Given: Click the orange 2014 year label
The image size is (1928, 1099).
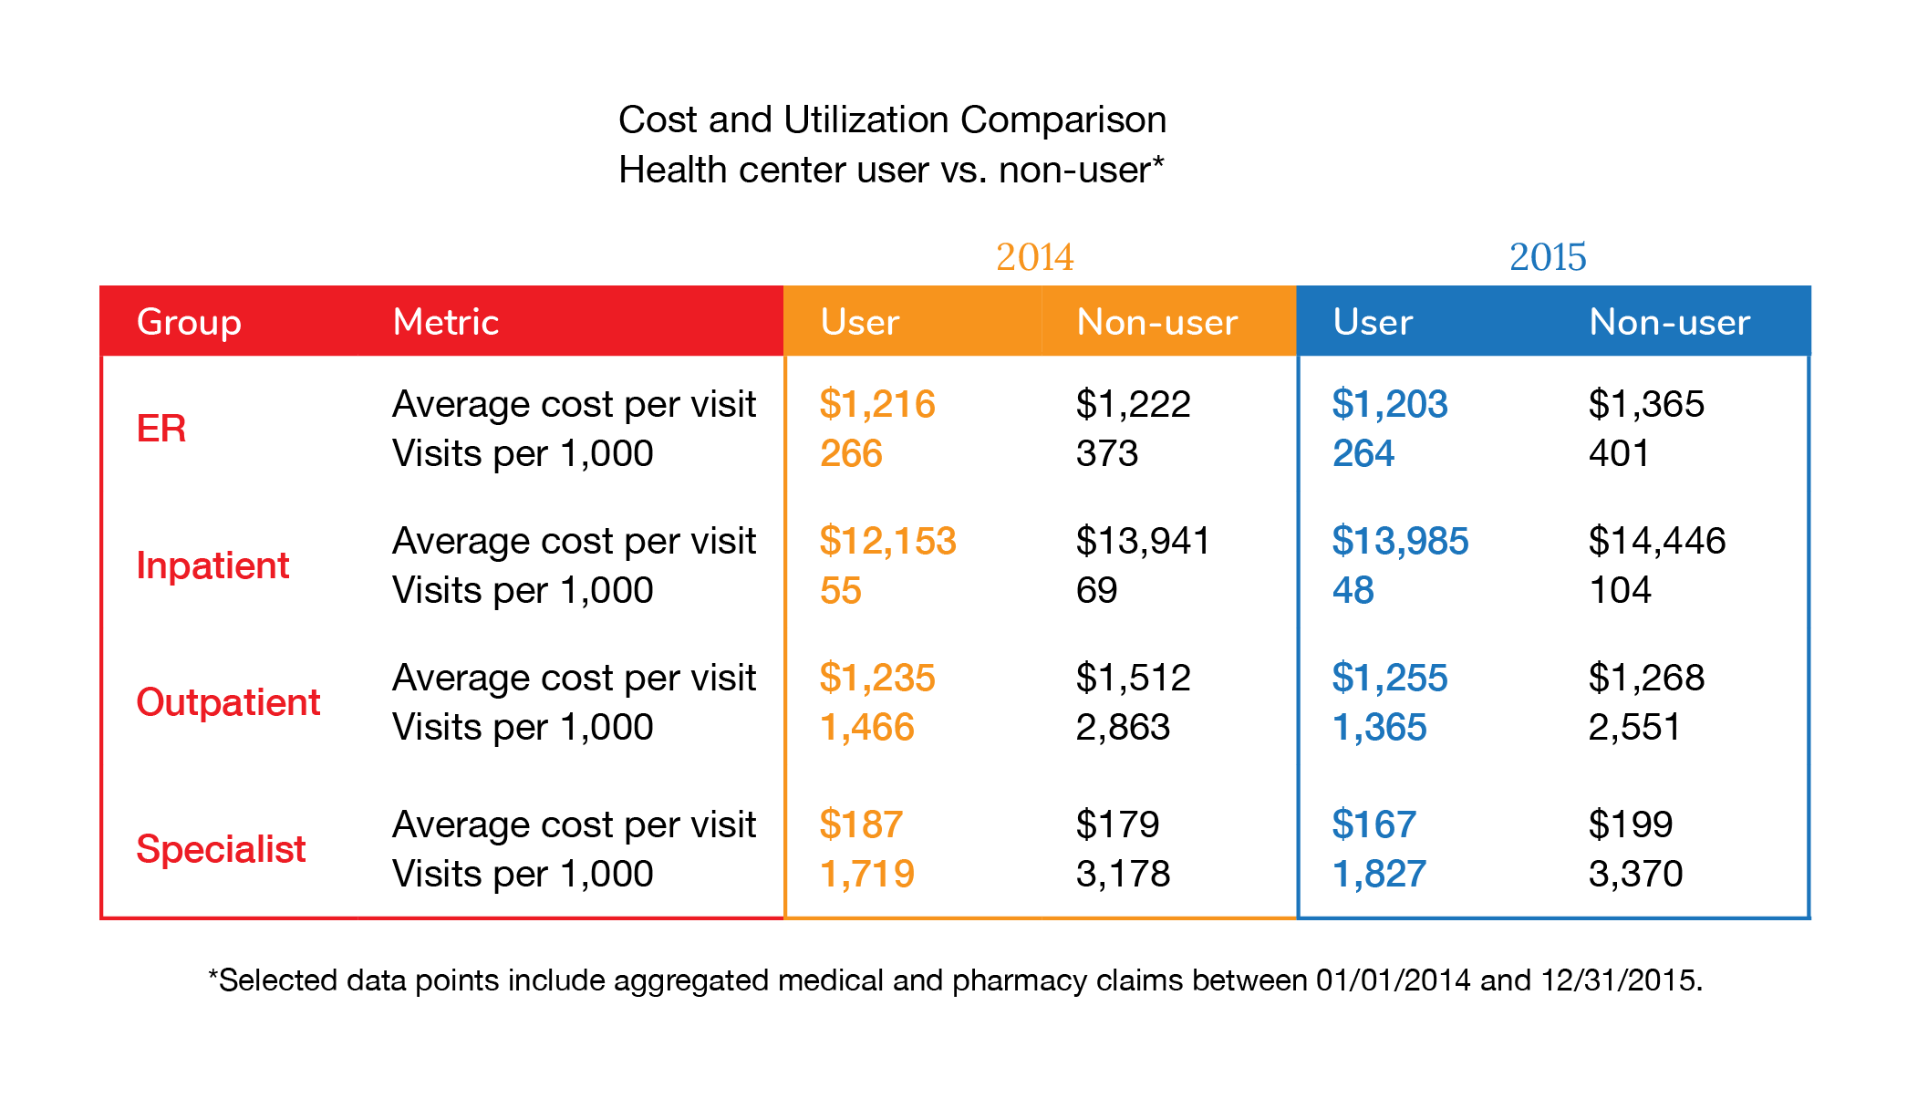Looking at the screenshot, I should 1034,257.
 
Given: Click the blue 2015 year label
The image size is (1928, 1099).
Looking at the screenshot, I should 1547,257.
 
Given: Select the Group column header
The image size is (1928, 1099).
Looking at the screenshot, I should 189,323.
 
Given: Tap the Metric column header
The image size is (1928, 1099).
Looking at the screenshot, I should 445,322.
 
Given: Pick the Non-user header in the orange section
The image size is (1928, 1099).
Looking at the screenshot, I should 1156,322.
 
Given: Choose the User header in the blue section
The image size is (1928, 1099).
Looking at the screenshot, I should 1372,322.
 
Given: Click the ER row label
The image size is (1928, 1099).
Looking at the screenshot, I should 161,429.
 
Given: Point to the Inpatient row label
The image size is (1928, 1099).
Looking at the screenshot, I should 212,565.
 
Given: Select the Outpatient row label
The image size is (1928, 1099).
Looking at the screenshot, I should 228,702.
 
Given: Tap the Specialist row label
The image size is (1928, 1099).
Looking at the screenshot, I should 221,849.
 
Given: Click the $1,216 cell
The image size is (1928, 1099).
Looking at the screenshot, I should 876,404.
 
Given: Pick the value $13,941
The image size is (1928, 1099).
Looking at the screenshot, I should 1142,541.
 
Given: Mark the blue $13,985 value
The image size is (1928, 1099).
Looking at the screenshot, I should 1400,541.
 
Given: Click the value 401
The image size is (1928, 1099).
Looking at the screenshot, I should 1618,453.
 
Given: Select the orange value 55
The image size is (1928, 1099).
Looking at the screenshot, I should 840,590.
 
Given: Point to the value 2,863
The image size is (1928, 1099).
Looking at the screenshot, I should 1123,727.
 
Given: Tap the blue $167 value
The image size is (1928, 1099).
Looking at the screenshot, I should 1373,824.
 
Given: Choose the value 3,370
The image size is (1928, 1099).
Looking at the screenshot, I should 1635,874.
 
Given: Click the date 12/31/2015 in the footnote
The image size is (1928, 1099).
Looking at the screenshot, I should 1620,980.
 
